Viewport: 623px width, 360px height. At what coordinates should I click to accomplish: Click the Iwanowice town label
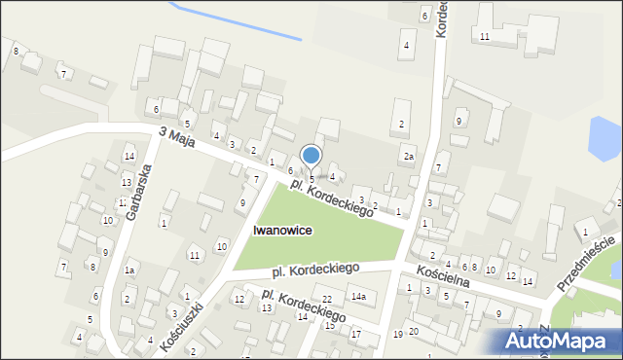point(281,231)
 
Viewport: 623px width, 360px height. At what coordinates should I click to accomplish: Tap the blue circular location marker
point(311,155)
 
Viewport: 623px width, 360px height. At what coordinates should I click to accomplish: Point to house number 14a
point(358,296)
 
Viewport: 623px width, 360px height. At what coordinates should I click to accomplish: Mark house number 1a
point(129,270)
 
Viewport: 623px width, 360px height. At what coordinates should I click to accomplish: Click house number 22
point(327,299)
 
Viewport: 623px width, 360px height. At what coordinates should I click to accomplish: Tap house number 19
point(397,335)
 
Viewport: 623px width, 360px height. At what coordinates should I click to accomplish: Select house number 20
point(414,332)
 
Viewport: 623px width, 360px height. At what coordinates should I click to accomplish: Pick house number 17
point(355,335)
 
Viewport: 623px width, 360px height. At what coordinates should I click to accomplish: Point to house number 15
point(329,325)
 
